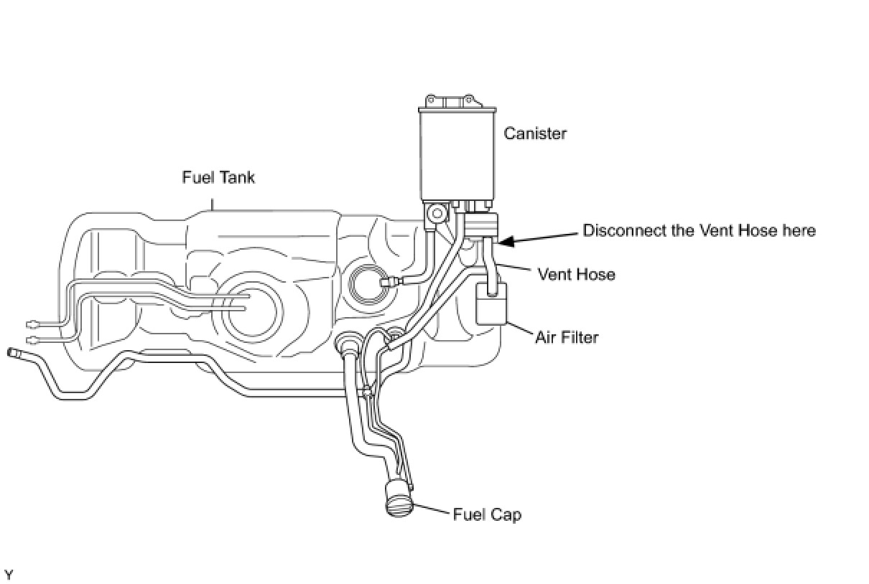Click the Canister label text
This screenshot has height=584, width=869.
[535, 133]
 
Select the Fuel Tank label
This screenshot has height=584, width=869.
[218, 177]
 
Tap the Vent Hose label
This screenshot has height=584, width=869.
[576, 274]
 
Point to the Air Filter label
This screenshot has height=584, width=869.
[567, 336]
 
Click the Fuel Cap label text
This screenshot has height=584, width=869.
[487, 514]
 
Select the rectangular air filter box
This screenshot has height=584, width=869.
[492, 306]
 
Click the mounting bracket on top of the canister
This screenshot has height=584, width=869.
[450, 100]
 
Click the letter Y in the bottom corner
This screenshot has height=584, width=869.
[9, 575]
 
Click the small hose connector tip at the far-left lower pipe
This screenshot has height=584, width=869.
[13, 352]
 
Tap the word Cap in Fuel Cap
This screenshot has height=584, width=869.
[506, 514]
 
